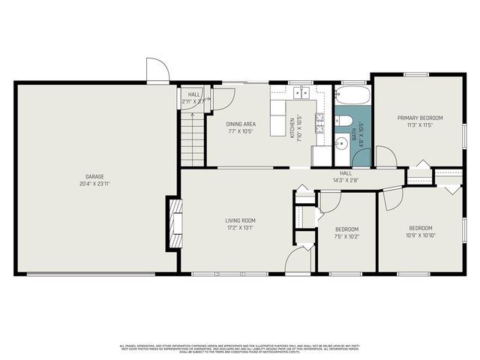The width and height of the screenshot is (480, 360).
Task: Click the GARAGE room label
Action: tap(94, 177)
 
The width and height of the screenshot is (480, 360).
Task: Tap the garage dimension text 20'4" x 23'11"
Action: tap(94, 184)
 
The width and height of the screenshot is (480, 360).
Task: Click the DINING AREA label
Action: tap(241, 124)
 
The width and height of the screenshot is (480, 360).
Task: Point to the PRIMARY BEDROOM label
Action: tap(420, 118)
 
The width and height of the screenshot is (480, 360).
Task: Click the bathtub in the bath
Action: tap(352, 96)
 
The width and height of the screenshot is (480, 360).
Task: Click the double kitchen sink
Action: tap(301, 93)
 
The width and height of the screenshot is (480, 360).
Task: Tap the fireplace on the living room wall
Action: tap(174, 222)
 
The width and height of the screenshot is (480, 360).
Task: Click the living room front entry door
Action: tap(298, 261)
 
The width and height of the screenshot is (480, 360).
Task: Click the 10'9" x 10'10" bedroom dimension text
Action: tap(420, 235)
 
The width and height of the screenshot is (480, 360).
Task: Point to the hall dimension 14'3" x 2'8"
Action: tap(346, 180)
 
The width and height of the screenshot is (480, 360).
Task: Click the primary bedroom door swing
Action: tap(385, 157)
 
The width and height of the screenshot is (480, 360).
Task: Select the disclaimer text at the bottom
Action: tap(240, 348)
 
